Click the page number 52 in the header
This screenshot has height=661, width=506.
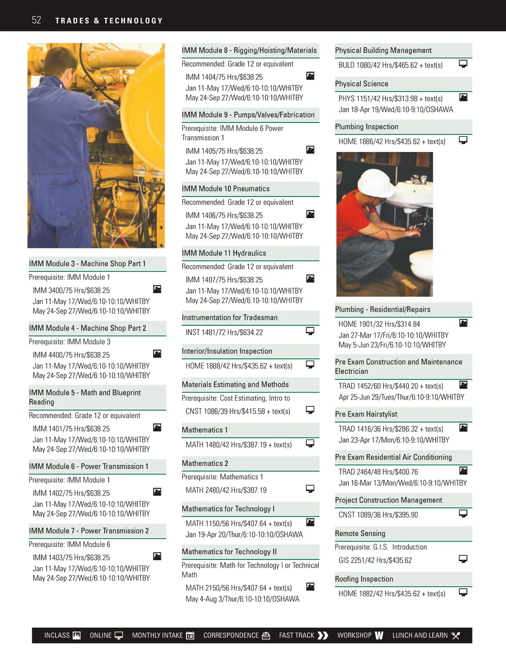(x=37, y=20)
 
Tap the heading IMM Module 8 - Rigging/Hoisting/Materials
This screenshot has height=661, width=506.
(x=249, y=50)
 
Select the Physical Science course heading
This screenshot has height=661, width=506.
(x=362, y=84)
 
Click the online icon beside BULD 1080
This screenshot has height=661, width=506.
(x=463, y=64)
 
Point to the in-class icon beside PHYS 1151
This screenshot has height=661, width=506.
(x=463, y=97)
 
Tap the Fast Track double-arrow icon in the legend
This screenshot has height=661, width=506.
(x=323, y=635)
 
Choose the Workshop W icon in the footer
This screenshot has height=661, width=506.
(x=379, y=635)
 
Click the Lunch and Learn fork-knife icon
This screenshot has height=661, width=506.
(x=456, y=635)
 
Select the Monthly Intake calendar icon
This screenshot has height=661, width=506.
(x=190, y=635)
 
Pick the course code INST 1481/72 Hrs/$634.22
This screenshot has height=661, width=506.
(x=224, y=332)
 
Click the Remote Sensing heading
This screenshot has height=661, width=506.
(x=360, y=534)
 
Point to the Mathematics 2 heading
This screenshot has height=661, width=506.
(x=205, y=464)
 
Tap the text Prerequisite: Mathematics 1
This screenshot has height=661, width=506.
(x=222, y=477)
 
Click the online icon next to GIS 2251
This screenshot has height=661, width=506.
(x=463, y=559)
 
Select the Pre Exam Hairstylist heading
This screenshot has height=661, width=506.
(x=366, y=414)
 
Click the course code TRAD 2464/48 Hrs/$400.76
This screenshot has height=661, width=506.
(x=378, y=472)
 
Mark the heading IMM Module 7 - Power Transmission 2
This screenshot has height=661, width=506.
(x=89, y=531)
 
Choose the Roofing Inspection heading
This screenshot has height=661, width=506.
(x=364, y=579)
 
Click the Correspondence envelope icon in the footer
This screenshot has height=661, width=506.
(x=266, y=635)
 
